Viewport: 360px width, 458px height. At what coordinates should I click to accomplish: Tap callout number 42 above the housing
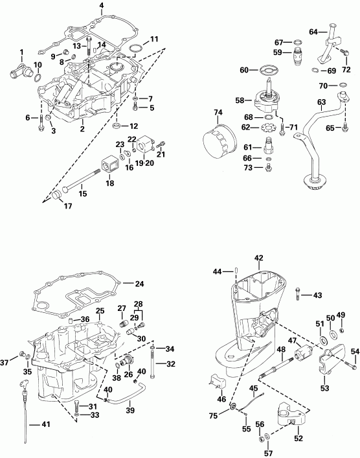(259, 258)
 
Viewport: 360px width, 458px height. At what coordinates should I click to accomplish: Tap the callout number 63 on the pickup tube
(320, 102)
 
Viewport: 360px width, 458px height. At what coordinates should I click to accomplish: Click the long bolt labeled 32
(152, 366)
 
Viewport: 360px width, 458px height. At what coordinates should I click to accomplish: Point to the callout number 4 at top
(102, 6)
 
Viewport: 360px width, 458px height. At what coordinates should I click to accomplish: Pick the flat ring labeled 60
(266, 70)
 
